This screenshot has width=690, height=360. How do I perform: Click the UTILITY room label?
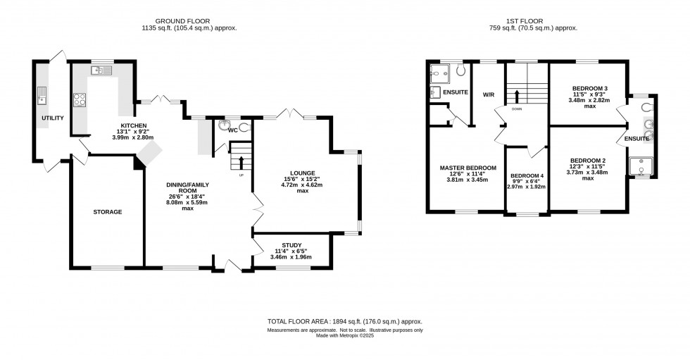(53, 118)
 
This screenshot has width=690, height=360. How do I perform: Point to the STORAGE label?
(108, 211)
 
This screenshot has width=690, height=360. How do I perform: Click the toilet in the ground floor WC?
(244, 128)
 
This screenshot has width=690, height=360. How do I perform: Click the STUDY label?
(291, 244)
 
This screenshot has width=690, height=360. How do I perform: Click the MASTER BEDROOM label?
(468, 168)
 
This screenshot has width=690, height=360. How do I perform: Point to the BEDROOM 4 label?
(527, 175)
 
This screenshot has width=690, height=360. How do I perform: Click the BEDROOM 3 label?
(589, 88)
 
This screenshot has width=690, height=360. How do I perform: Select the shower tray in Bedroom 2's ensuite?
(641, 166)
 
